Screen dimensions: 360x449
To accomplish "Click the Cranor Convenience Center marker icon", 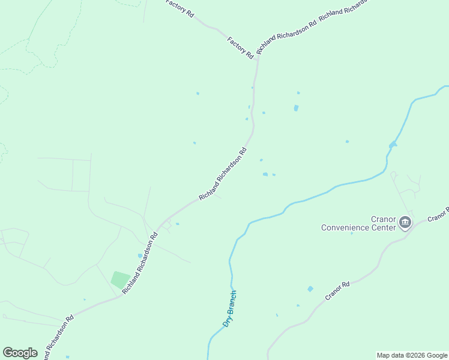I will coord(405,223).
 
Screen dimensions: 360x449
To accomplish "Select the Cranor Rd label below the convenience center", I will coord(337,291).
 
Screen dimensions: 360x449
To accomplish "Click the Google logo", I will coord(20,353).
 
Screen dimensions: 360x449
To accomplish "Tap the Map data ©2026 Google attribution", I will coord(412,355).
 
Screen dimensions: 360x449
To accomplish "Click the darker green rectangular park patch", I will coord(121,280).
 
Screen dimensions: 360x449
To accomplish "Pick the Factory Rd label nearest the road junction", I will coord(240,47).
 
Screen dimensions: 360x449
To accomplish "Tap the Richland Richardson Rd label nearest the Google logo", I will coord(59,336).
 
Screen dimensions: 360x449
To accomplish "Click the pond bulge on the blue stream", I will coord(393,145).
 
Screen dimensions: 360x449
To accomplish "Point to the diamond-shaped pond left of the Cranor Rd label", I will coord(310,289).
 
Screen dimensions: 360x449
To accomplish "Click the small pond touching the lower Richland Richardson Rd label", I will coord(140,255).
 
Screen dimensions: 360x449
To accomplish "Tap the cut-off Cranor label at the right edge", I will coord(438,215).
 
